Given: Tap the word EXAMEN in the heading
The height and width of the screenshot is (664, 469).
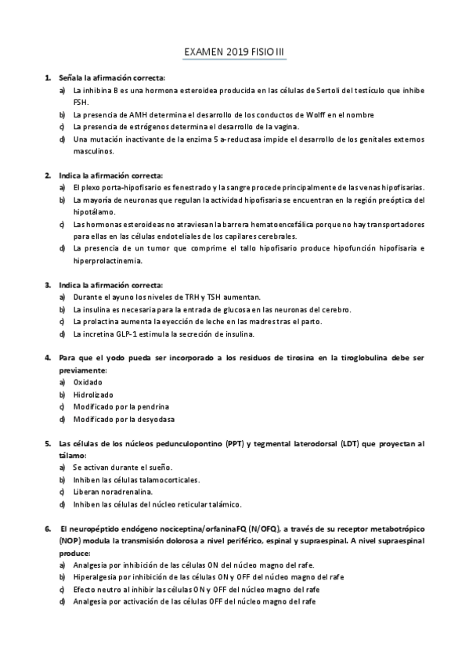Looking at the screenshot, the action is (203, 52).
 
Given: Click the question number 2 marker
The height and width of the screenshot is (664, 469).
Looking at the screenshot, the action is (48, 175).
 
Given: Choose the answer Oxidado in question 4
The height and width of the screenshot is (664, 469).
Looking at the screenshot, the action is (88, 382).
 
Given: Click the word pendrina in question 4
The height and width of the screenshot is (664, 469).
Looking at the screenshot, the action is (153, 407).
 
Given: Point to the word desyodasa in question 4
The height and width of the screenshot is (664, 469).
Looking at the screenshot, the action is (154, 419).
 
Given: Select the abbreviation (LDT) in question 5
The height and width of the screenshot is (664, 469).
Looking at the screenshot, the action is (352, 443).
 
